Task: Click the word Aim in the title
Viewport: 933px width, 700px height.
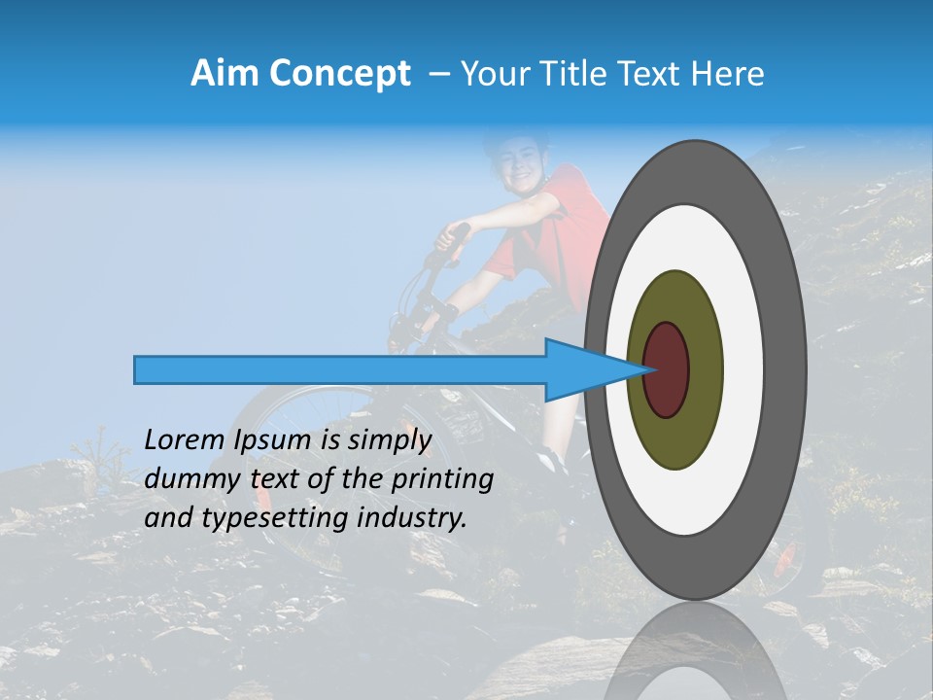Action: (225, 74)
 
